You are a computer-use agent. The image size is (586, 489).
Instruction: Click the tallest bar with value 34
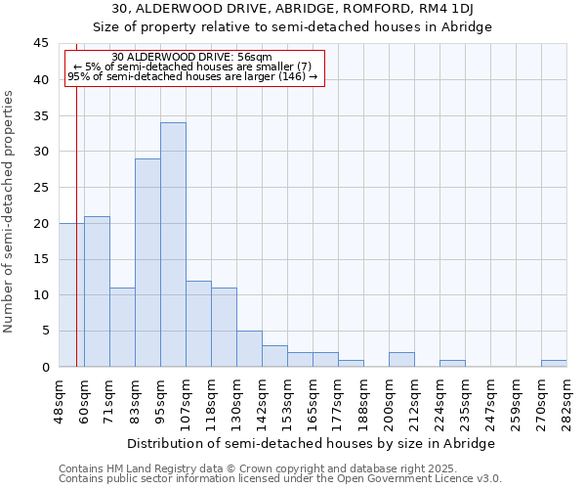pyautogui.click(x=173, y=244)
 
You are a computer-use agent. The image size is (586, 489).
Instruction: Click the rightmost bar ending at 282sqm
pyautogui.click(x=554, y=364)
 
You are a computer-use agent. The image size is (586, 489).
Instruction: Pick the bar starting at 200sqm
pyautogui.click(x=401, y=360)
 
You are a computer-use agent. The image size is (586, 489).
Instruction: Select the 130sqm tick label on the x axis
pyautogui.click(x=236, y=401)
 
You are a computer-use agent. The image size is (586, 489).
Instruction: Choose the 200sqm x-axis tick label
pyautogui.click(x=389, y=401)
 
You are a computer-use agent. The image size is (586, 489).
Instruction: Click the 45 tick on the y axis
pyautogui.click(x=41, y=44)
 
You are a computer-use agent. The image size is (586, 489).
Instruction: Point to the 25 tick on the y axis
pyautogui.click(x=41, y=188)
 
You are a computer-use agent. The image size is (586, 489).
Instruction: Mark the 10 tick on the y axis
pyautogui.click(x=41, y=295)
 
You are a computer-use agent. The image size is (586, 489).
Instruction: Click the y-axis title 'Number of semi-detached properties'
pyautogui.click(x=10, y=211)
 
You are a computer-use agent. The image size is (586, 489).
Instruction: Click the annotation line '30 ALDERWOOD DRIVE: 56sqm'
pyautogui.click(x=191, y=58)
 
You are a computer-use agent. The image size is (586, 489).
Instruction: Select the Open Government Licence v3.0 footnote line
pyautogui.click(x=279, y=479)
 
